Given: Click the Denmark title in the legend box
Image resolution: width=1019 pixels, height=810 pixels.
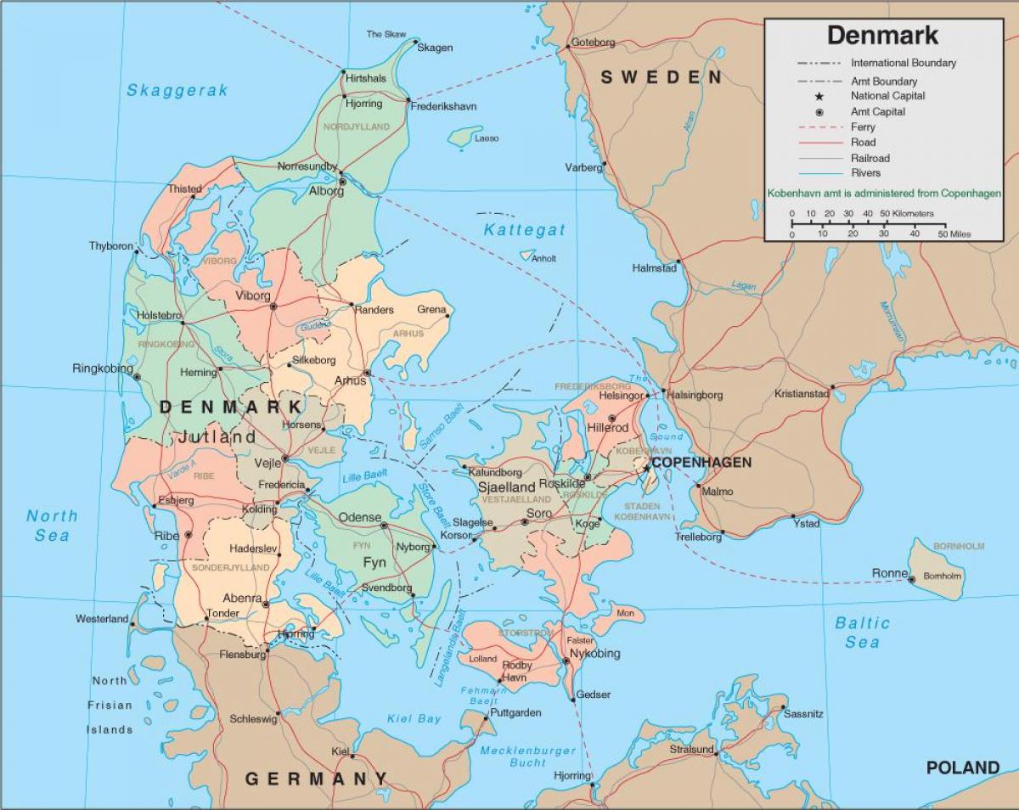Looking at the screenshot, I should (883, 35).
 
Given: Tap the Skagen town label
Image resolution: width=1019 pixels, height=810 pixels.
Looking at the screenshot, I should (434, 48).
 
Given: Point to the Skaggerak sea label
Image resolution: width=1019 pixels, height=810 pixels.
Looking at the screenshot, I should (177, 90).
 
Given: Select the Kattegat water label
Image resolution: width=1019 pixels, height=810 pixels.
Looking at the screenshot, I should (524, 229).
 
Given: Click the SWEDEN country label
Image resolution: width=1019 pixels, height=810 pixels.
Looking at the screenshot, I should (662, 77).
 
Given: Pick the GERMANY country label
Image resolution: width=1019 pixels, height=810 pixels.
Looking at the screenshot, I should (316, 779).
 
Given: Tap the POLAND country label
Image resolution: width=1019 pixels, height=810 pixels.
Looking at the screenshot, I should (962, 768).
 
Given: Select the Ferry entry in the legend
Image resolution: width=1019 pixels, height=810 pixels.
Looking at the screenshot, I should (863, 127).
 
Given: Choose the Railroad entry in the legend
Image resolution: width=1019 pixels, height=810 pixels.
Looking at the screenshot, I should (870, 158).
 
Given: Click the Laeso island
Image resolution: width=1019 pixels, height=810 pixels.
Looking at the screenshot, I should (464, 135).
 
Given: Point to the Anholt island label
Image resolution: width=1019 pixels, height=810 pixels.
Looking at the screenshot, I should (543, 259).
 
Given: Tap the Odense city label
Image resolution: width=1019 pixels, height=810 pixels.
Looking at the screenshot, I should (360, 517).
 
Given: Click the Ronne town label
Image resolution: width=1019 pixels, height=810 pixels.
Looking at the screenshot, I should (889, 573).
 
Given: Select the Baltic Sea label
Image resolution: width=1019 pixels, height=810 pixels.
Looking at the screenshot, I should (862, 633).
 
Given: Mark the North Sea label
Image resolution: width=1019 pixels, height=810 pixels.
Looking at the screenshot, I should (52, 525).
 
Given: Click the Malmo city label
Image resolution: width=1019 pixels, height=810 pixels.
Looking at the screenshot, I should (718, 492).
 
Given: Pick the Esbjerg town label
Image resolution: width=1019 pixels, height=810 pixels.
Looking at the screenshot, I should (176, 500).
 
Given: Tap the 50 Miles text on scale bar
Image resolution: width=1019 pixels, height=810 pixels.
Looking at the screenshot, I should (954, 233).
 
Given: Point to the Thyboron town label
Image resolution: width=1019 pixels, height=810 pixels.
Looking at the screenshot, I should (111, 246).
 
